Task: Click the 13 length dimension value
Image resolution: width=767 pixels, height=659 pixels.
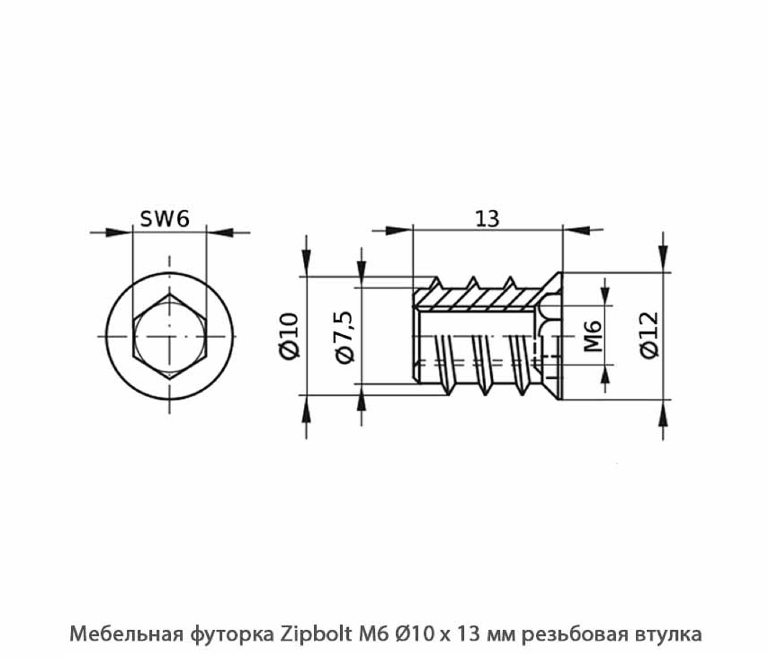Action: [487, 219]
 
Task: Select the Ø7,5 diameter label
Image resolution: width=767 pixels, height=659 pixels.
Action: [344, 337]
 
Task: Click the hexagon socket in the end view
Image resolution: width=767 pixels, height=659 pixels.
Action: [169, 336]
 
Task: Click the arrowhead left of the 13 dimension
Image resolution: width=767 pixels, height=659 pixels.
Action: [398, 230]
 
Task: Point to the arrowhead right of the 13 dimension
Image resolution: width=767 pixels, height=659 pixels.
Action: [577, 230]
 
